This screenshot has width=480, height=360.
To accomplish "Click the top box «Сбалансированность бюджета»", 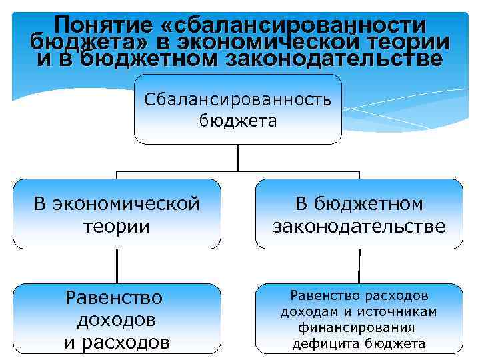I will pyautogui.click(x=238, y=109).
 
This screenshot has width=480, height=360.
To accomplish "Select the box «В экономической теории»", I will pyautogui.click(x=117, y=213).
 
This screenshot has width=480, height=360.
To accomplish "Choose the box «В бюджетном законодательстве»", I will pyautogui.click(x=359, y=213).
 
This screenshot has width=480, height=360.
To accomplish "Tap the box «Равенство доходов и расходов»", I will pyautogui.click(x=117, y=319).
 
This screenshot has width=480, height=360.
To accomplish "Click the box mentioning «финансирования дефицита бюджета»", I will pyautogui.click(x=359, y=319).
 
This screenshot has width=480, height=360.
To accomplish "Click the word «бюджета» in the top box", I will pyautogui.click(x=238, y=121).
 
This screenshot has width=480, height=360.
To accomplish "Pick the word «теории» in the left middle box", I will pyautogui.click(x=117, y=226).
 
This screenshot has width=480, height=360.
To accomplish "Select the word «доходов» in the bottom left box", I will pyautogui.click(x=117, y=319).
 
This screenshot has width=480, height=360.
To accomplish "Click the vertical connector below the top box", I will pyautogui.click(x=238, y=158).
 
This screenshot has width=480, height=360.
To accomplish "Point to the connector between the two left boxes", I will pyautogui.click(x=117, y=266).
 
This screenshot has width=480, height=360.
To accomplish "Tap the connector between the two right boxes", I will pyautogui.click(x=359, y=266).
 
